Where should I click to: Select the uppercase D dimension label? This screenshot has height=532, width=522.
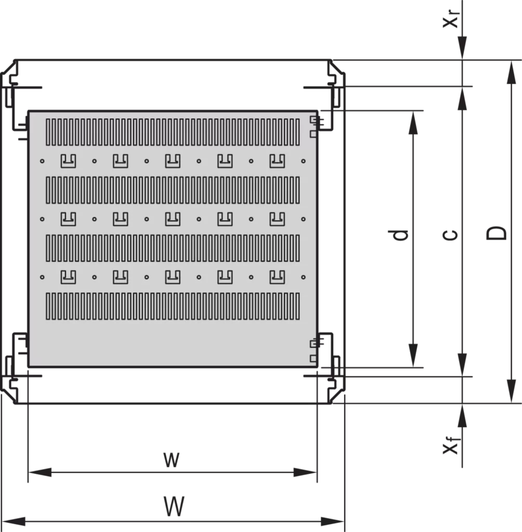[x=496, y=233]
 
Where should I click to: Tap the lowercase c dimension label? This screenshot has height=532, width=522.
[x=451, y=234]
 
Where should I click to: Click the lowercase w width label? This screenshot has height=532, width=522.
[x=171, y=460]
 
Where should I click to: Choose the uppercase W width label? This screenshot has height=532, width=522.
[x=174, y=506]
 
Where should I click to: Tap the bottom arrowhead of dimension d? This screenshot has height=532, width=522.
[x=413, y=355]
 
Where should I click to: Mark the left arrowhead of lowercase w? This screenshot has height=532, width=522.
[x=40, y=472]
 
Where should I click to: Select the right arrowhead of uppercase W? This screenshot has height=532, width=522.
[x=333, y=521]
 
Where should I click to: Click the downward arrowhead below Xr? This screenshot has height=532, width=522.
[x=462, y=48]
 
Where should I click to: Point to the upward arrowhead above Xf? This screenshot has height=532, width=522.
[x=462, y=416]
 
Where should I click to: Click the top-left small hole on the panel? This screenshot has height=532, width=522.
[x=42, y=161]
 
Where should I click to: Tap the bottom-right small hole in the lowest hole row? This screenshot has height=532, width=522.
[x=303, y=277]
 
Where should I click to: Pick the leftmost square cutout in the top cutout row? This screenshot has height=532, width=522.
[x=68, y=161]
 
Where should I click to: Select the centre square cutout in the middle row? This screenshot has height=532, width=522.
[x=173, y=219]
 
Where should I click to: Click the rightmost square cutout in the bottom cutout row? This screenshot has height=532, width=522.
[x=277, y=277]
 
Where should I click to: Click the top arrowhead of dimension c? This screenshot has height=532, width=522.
[x=462, y=99]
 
